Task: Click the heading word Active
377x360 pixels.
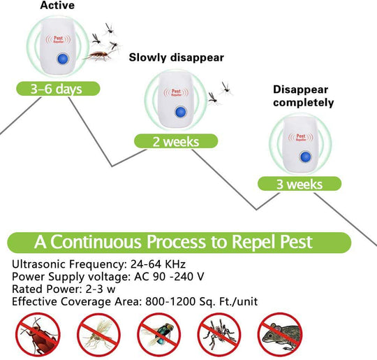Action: tap(58, 6)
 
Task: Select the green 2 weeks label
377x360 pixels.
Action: tap(176, 141)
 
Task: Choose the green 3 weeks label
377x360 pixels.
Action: tap(300, 184)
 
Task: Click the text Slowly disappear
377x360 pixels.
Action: tap(177, 57)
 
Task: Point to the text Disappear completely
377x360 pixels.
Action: tap(303, 96)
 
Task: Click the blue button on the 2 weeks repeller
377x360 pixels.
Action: tap(179, 112)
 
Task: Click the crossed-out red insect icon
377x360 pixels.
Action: tap(34, 333)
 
